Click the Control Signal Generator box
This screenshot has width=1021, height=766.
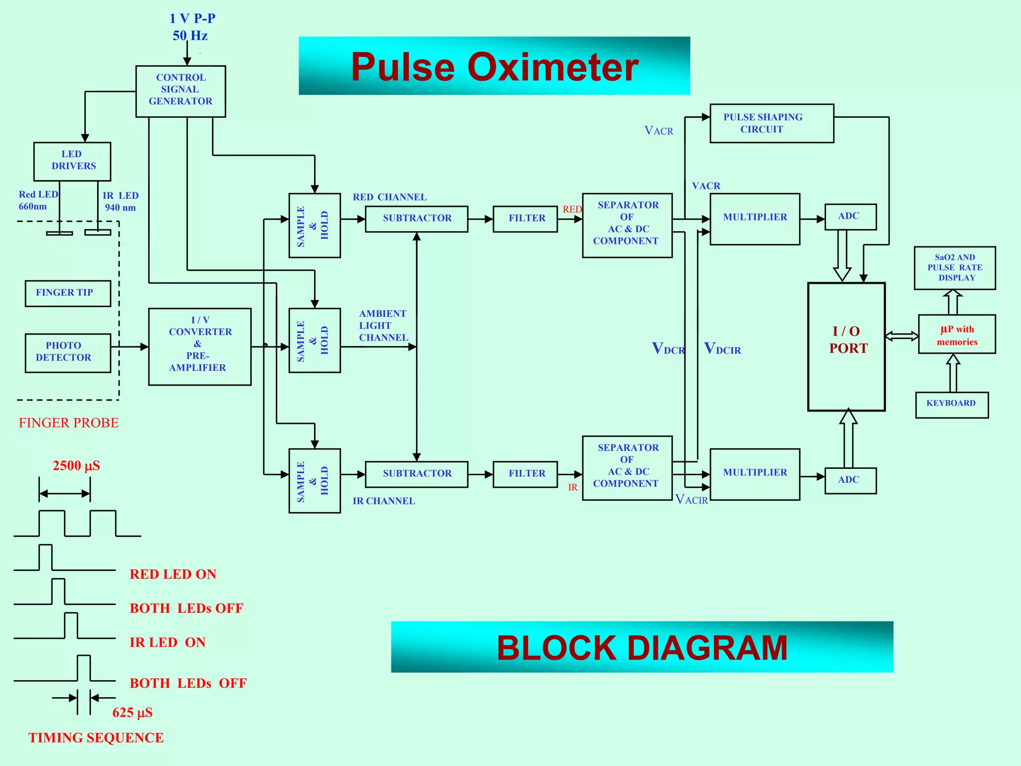click(180, 91)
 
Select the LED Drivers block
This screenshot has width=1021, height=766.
click(72, 161)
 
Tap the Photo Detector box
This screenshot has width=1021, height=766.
click(68, 353)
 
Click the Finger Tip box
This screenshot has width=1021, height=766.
click(68, 293)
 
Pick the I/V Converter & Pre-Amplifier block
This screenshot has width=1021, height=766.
click(199, 346)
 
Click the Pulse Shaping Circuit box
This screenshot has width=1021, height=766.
click(771, 123)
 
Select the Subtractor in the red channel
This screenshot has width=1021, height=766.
click(416, 219)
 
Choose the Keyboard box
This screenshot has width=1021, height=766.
click(951, 404)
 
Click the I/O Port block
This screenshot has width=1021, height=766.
click(846, 346)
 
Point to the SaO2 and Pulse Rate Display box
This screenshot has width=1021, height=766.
click(954, 268)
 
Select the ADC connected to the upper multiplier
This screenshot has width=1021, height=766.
click(850, 216)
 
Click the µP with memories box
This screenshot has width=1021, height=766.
click(956, 334)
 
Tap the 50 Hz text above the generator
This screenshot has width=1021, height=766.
click(190, 36)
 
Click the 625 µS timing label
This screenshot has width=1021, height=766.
click(132, 713)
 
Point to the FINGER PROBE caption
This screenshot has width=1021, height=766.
click(69, 423)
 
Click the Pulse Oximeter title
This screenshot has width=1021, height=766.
click(494, 66)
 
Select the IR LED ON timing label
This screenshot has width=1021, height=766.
click(168, 642)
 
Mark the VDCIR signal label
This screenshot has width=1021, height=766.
click(722, 349)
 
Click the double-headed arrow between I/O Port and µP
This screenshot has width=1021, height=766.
click(901, 336)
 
